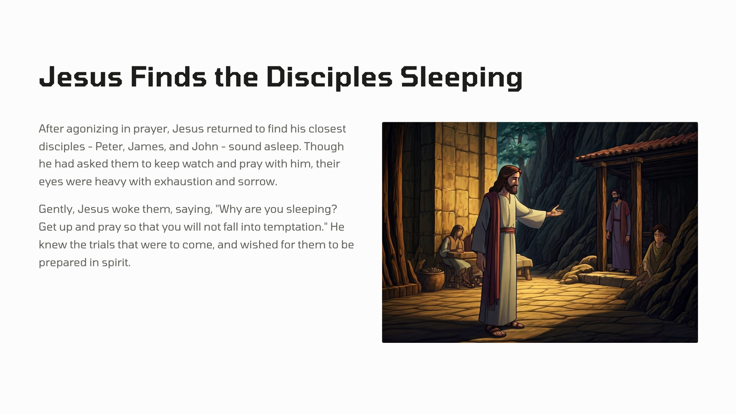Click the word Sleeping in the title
click(x=461, y=78)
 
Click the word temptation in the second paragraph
click(x=294, y=227)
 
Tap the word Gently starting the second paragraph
click(x=56, y=209)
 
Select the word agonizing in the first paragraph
click(x=92, y=129)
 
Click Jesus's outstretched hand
click(x=555, y=212)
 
